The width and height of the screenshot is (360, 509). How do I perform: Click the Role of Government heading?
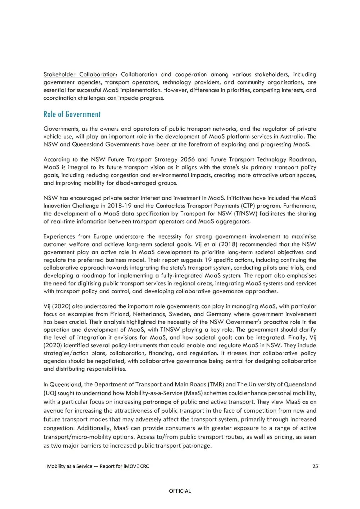pyautogui.click(x=72, y=114)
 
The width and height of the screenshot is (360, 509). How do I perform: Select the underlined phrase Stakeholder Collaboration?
pyautogui.click(x=80, y=74)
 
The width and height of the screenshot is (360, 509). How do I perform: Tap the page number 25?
pyautogui.click(x=315, y=466)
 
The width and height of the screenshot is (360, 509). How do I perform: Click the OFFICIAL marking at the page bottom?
pyautogui.click(x=180, y=491)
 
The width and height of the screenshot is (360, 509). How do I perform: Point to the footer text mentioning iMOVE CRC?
pyautogui.click(x=98, y=466)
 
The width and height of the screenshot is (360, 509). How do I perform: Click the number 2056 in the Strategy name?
pyautogui.click(x=187, y=159)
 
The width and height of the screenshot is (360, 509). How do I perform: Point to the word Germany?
pyautogui.click(x=218, y=314)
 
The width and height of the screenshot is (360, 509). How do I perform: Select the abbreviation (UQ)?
pyautogui.click(x=50, y=393)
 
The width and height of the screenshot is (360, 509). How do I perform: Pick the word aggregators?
pyautogui.click(x=233, y=221)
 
